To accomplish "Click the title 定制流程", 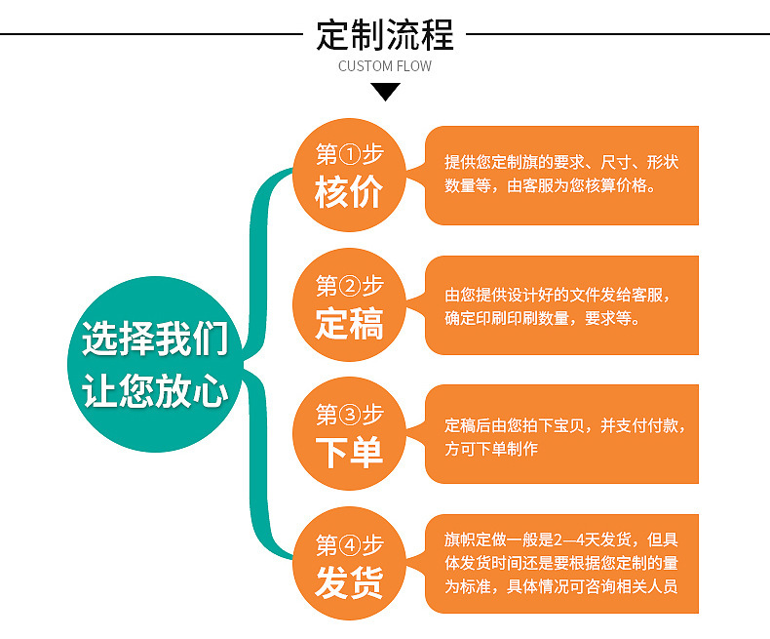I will [385, 34].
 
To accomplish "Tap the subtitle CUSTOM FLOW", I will [385, 66].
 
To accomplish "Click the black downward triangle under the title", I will [386, 92].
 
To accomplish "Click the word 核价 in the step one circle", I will [348, 193].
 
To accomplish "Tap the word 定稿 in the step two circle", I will [348, 324].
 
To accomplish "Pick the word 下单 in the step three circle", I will [348, 452].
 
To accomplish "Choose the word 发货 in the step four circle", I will [348, 582].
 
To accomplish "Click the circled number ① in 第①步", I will [349, 155].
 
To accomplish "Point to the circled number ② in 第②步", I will [349, 286].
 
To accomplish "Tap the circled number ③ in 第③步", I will [349, 415].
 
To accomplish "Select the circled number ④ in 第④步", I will [349, 544].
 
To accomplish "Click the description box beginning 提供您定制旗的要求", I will [562, 175].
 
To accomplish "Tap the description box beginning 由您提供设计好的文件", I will [562, 305].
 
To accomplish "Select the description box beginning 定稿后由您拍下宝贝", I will [562, 435].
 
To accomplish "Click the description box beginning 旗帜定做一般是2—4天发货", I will [562, 564].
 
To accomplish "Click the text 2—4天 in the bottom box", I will [579, 539].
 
